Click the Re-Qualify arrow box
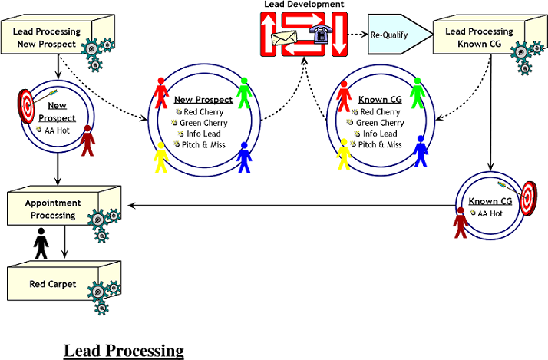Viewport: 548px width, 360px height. pyautogui.click(x=398, y=35)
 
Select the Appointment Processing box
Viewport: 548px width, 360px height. pyautogui.click(x=51, y=210)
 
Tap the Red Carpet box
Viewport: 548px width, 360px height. pyautogui.click(x=52, y=284)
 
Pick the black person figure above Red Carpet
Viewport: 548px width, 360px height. pyautogui.click(x=41, y=245)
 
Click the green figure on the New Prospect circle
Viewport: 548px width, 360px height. pyautogui.click(x=244, y=91)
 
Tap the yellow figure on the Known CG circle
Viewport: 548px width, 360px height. pyautogui.click(x=343, y=154)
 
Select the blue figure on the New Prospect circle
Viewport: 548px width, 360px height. pyautogui.click(x=244, y=157)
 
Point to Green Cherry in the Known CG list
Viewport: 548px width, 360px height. pyautogui.click(x=379, y=123)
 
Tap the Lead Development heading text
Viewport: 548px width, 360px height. pyautogui.click(x=304, y=5)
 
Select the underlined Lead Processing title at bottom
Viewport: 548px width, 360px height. pyautogui.click(x=124, y=351)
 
